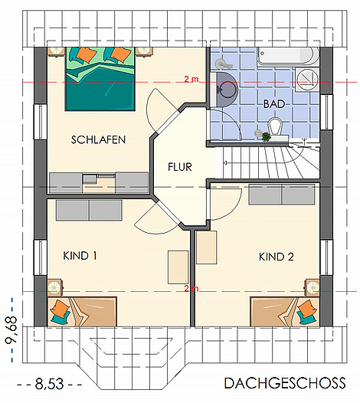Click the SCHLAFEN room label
pyautogui.click(x=98, y=139)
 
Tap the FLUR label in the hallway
pyautogui.click(x=180, y=167)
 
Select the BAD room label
pyautogui.click(x=274, y=104)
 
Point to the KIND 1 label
pyautogui.click(x=80, y=256)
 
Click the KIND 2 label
pyautogui.click(x=277, y=257)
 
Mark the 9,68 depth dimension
pyautogui.click(x=11, y=330)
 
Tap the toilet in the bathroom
pyautogui.click(x=275, y=126)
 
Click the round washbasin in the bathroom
pyautogui.click(x=227, y=89)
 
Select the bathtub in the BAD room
pyautogui.click(x=289, y=56)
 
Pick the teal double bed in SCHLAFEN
pyautogui.click(x=100, y=79)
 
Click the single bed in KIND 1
pyautogui.click(x=82, y=312)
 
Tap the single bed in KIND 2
pyautogui.click(x=285, y=312)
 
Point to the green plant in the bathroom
pyautogui.click(x=266, y=136)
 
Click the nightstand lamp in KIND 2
pyautogui.click(x=313, y=287)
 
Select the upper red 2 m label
pyautogui.click(x=191, y=79)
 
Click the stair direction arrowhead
pyautogui.click(x=225, y=162)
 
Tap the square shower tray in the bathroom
pyautogui.click(x=307, y=79)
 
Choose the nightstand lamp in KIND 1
pyautogui.click(x=54, y=287)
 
